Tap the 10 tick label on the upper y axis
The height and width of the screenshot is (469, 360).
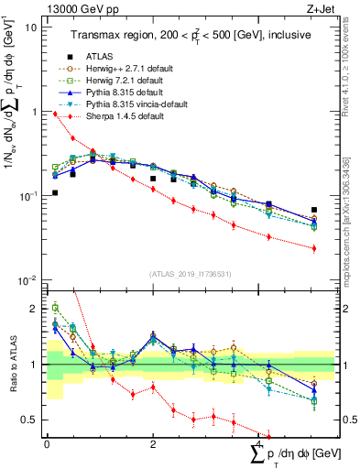(31, 27)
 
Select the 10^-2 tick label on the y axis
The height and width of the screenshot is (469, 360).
(27, 280)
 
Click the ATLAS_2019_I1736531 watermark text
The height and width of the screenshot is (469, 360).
(191, 274)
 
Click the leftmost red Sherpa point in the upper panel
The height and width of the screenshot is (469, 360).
(56, 115)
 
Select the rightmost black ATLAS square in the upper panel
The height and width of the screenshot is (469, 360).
(314, 210)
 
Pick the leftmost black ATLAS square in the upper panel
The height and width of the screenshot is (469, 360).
(56, 192)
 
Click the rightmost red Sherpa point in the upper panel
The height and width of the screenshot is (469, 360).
(314, 248)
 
